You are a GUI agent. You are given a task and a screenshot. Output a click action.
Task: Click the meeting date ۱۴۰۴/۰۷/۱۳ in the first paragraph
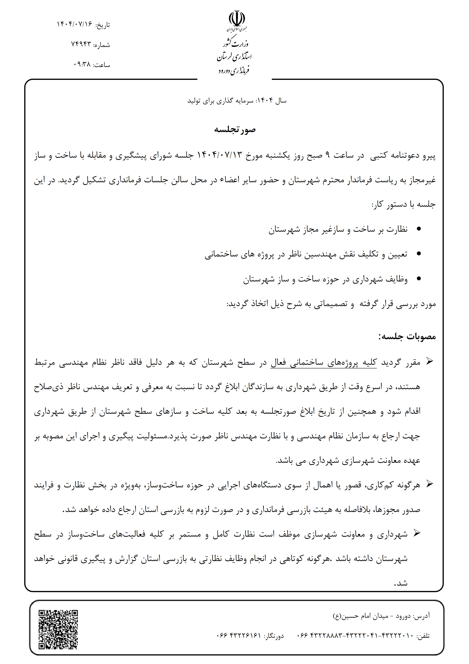(219, 155)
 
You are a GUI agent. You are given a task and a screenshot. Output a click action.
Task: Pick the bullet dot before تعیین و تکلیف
(419, 254)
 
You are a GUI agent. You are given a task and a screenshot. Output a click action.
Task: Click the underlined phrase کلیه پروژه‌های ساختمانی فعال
(324, 362)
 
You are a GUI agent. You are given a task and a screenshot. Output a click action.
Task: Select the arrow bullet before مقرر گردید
(430, 362)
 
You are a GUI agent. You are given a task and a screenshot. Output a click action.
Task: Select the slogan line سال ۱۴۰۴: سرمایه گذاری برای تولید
(237, 101)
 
